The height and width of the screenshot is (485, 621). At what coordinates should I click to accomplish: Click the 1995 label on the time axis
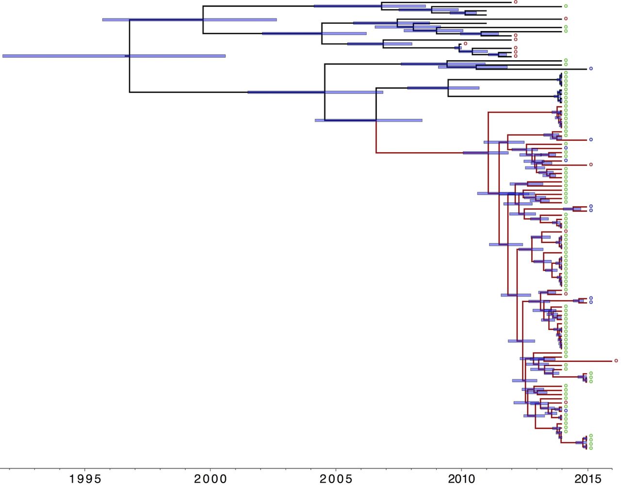[x=85, y=479]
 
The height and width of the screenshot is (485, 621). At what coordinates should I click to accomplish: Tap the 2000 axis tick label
[x=211, y=479]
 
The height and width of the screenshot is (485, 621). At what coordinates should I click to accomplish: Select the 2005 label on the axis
[x=336, y=479]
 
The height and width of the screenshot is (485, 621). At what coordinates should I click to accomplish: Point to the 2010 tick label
[x=461, y=479]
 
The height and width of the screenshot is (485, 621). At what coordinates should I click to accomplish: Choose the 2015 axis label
[x=588, y=479]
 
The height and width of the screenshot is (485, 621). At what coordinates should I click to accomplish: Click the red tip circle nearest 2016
[x=616, y=361]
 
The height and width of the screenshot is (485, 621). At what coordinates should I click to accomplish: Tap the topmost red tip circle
[x=516, y=2]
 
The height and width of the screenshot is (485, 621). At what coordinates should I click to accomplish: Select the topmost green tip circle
[x=566, y=6]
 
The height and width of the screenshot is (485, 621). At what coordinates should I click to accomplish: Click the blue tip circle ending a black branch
[x=590, y=69]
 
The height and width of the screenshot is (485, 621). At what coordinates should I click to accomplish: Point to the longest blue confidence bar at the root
[x=114, y=56]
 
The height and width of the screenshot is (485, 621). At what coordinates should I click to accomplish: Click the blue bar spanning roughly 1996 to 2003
[x=189, y=20]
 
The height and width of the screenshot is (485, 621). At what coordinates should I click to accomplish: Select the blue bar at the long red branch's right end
[x=485, y=153]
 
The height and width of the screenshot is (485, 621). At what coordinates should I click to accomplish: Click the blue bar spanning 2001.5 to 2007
[x=315, y=92]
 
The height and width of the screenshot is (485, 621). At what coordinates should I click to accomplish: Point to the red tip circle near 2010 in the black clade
[x=465, y=43]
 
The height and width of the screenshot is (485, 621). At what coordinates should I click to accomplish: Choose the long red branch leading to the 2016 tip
[x=587, y=361]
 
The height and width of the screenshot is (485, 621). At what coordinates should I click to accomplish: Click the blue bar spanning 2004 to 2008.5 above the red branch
[x=368, y=120]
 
